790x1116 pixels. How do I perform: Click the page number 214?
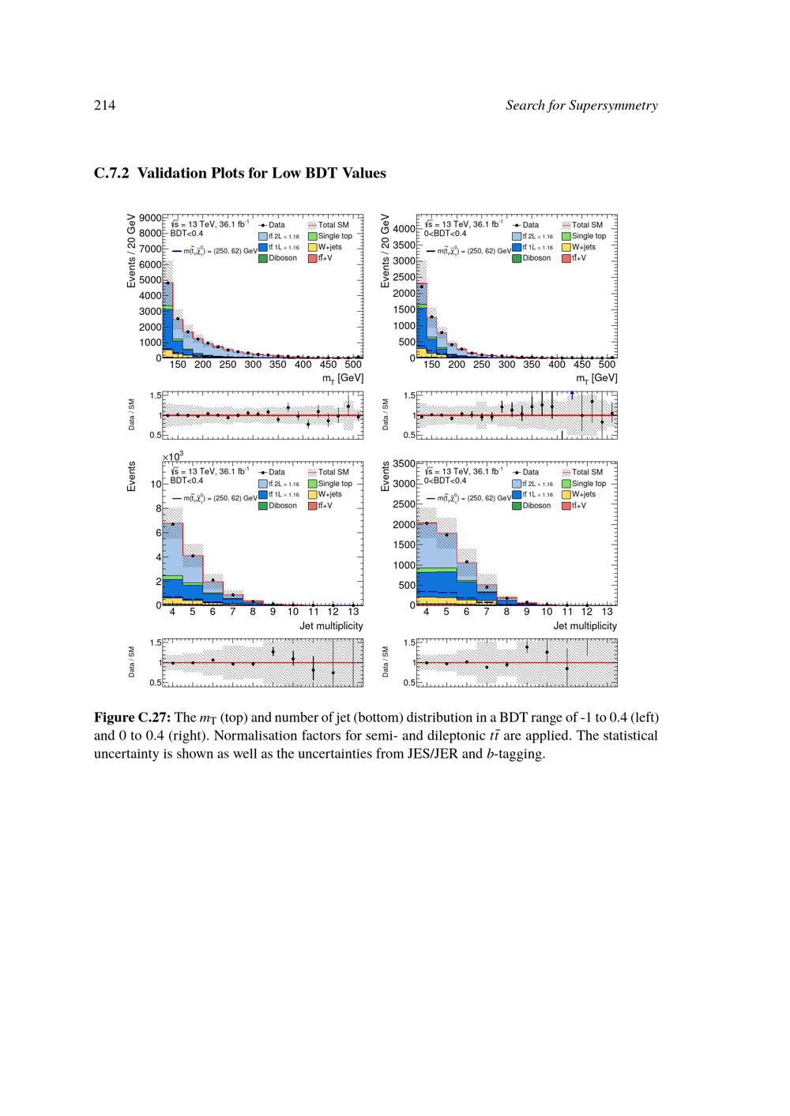coord(104,106)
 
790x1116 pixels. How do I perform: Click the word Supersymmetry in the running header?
coord(612,106)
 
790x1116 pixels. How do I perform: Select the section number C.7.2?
coord(111,173)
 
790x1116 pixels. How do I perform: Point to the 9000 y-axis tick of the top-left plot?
coord(150,218)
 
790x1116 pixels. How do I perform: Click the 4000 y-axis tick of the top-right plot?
coord(404,229)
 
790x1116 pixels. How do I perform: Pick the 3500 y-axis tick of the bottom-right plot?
coord(404,463)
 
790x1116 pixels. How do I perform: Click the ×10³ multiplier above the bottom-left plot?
coord(172,456)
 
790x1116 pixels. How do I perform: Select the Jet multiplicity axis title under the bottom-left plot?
coord(331,626)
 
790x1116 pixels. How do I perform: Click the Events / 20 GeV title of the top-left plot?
coord(132,250)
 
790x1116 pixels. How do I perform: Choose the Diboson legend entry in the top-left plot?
coord(282,258)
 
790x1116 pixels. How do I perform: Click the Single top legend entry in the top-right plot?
coord(589,236)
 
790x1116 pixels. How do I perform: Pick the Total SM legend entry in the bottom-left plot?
coord(333,472)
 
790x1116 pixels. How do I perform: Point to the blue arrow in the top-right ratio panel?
coord(572,395)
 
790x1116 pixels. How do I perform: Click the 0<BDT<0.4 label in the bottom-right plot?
coord(445,481)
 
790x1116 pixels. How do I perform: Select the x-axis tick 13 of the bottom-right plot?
coord(607,612)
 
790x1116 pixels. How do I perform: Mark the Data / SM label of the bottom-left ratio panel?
coord(132,661)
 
